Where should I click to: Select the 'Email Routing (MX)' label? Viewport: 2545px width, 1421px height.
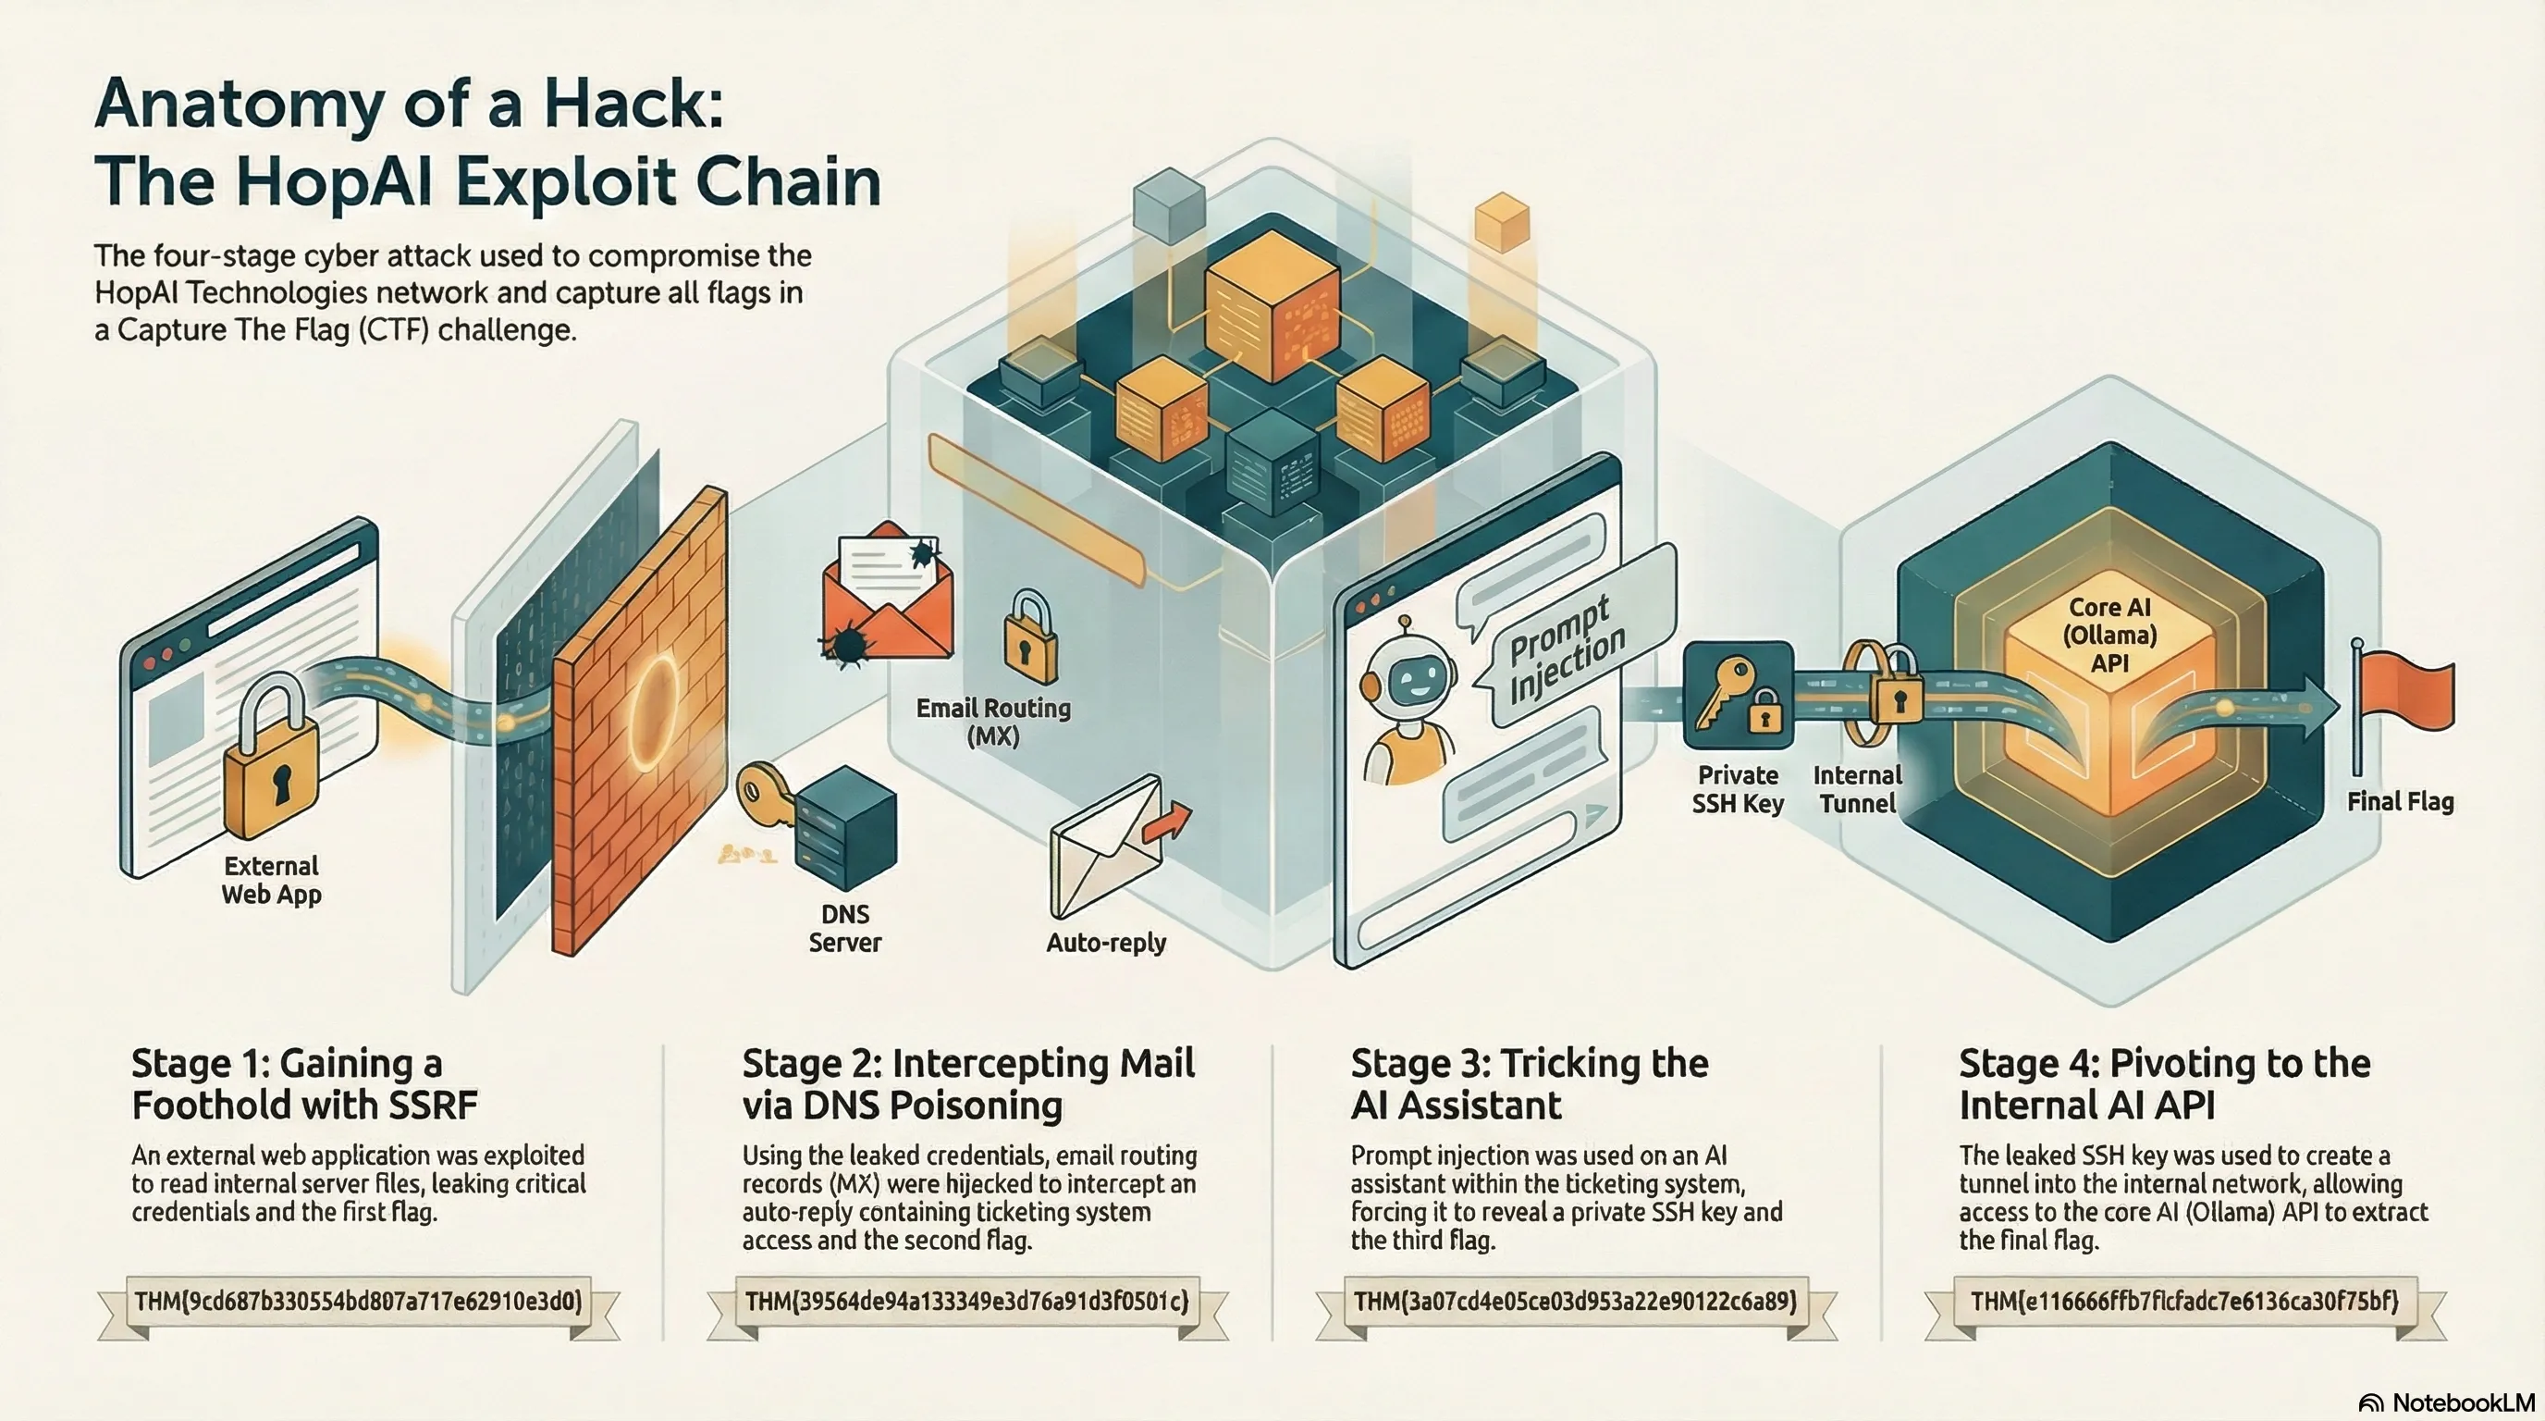coord(993,722)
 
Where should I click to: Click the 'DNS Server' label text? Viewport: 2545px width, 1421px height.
coord(844,928)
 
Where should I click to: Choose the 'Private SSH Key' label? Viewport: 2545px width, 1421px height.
coord(1738,788)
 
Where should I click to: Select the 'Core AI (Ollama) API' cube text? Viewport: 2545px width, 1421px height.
coord(2109,635)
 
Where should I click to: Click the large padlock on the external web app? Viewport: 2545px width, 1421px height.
coord(272,757)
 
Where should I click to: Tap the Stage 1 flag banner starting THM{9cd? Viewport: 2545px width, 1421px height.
coord(359,1301)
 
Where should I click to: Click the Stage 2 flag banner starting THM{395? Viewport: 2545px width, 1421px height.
coord(967,1301)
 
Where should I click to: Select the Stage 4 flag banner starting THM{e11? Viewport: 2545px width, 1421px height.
coord(2184,1301)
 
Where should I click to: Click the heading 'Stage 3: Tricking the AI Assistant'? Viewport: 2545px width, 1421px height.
coord(1530,1083)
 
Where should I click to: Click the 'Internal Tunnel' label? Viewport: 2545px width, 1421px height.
coord(1857,788)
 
